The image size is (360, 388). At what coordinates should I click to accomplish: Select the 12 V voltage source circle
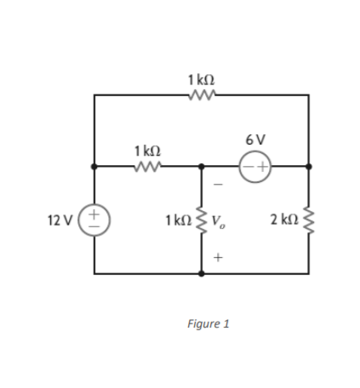tap(94, 220)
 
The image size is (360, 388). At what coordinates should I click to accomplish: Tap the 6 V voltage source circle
tap(254, 166)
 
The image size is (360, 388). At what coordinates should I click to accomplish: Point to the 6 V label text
tap(254, 139)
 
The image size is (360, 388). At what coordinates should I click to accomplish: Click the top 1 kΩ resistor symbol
tap(201, 96)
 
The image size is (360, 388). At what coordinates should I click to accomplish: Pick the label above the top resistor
tap(201, 79)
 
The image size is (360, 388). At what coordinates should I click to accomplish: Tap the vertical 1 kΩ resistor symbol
tap(202, 222)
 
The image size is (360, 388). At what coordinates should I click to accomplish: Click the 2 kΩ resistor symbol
tap(307, 221)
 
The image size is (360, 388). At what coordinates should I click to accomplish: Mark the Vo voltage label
tap(219, 224)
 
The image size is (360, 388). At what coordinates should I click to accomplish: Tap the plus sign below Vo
tap(218, 255)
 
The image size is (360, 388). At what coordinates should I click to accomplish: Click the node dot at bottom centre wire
tap(202, 274)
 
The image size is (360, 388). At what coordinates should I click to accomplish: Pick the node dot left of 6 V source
tap(202, 166)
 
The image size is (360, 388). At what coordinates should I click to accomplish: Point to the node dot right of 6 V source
tap(307, 166)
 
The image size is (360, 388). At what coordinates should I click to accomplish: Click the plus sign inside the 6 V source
tap(262, 166)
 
